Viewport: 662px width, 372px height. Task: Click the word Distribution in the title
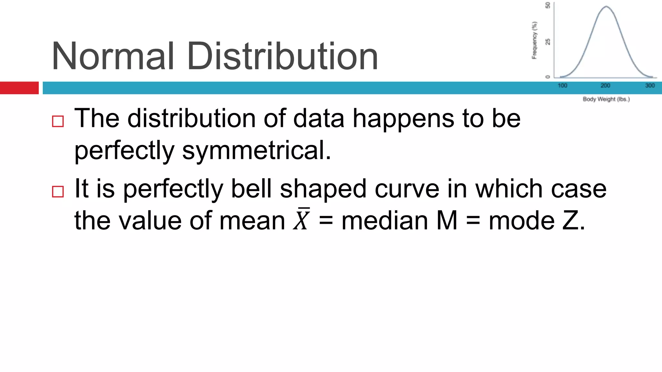coord(282,57)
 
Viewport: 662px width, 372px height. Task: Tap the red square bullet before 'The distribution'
coord(58,121)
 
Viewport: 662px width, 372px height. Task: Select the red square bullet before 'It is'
coord(58,191)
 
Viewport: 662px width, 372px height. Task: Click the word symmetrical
coord(257,150)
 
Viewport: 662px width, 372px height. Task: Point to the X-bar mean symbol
coord(302,220)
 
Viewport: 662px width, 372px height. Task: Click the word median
coord(384,221)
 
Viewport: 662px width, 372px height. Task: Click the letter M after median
coord(447,221)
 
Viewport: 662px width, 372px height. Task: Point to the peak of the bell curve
coord(606,6)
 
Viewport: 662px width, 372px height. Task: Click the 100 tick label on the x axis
coord(562,86)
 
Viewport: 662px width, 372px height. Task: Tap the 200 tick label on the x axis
coord(605,86)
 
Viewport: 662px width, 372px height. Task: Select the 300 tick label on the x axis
coord(650,86)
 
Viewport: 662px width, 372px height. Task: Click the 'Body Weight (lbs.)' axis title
coord(606,99)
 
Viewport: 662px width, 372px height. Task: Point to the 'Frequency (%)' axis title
coord(535,40)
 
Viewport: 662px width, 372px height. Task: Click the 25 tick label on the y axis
coord(548,42)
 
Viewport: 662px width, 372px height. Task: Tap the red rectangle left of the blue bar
coord(19,88)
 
